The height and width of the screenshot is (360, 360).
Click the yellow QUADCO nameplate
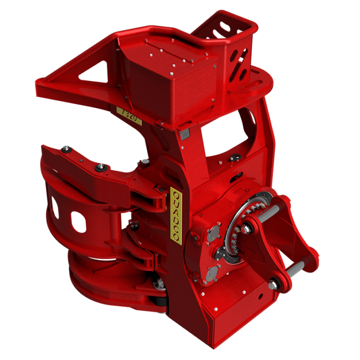pos(175,216)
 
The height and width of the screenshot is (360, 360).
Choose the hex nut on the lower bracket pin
pos(274,284)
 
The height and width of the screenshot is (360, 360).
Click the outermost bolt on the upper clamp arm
pos(66,149)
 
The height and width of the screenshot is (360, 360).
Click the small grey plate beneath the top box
pos(184,135)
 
